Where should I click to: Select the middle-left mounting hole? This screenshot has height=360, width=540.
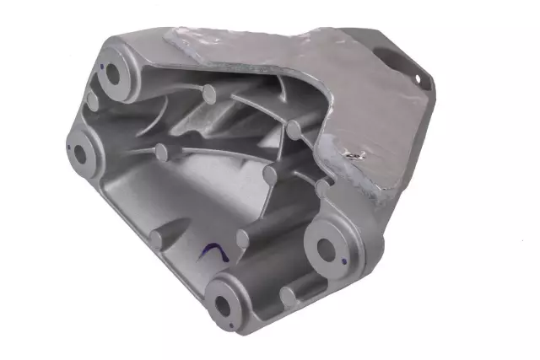(x=84, y=153)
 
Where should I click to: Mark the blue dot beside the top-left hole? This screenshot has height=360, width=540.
(x=100, y=64)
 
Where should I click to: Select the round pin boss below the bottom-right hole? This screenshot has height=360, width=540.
(x=289, y=295)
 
